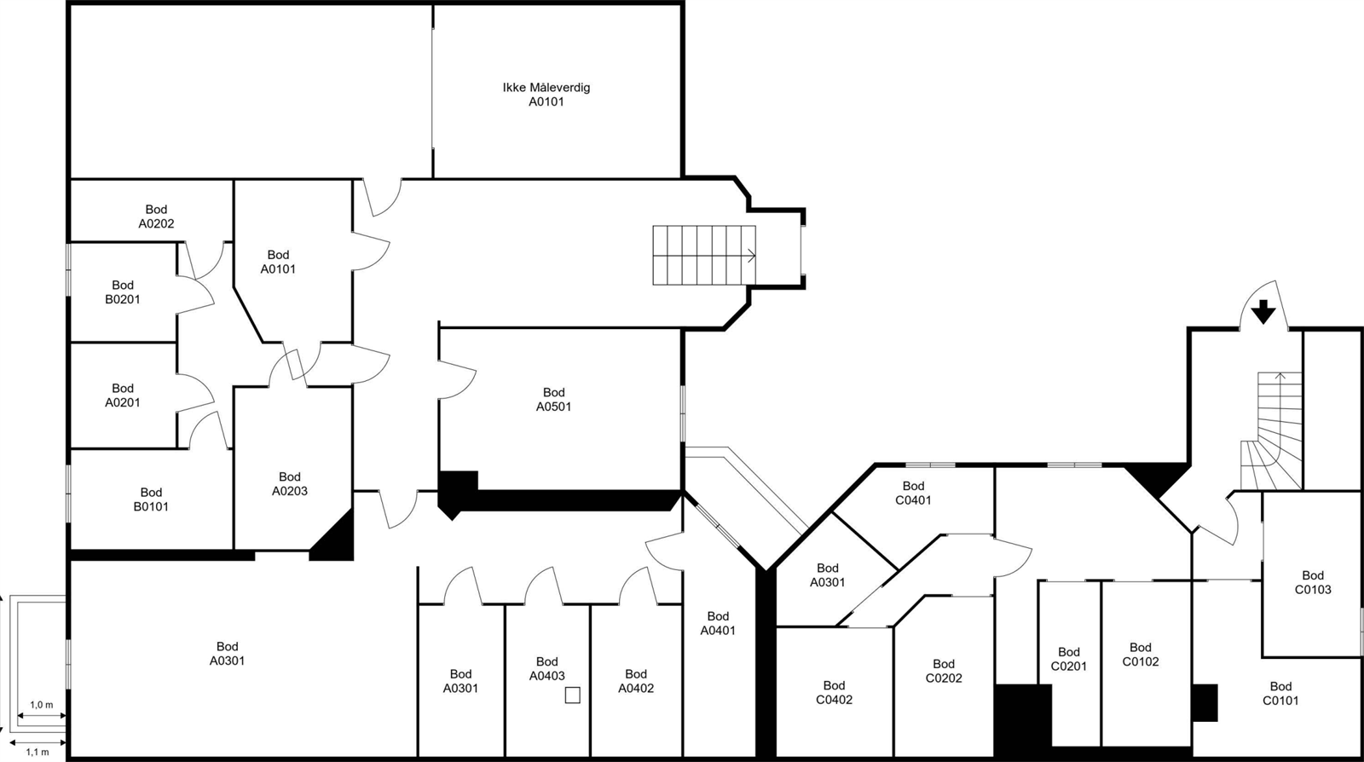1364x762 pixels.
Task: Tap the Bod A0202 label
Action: click(156, 216)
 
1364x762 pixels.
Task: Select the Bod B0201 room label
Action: click(123, 292)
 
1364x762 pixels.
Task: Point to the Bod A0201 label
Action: click(123, 395)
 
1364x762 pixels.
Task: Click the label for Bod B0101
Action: click(151, 499)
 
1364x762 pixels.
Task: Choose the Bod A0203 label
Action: click(290, 484)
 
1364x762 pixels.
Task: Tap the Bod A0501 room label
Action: click(553, 400)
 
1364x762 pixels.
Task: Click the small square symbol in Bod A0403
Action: click(573, 696)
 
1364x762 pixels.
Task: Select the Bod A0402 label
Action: click(636, 681)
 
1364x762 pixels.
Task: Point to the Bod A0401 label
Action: click(718, 623)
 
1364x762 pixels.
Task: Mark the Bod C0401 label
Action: click(913, 494)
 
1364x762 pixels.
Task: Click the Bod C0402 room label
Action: click(834, 692)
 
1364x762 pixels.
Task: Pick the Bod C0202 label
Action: click(944, 671)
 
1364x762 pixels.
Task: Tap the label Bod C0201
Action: click(1069, 659)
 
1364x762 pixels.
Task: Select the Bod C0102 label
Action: click(1141, 655)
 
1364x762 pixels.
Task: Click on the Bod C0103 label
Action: click(1313, 582)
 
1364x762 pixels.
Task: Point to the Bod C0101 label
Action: click(1280, 693)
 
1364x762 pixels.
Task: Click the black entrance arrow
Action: click(1263, 312)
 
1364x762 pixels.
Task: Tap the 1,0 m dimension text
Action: click(42, 706)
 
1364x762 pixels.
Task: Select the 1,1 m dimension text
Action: click(38, 753)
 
